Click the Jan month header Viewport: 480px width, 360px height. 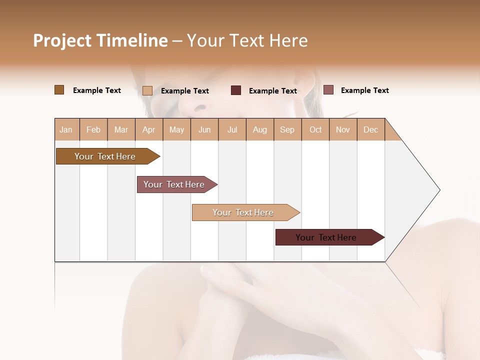(66, 129)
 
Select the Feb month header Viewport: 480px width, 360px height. (93, 129)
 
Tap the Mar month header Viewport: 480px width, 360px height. (121, 129)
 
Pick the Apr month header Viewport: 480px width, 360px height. (149, 129)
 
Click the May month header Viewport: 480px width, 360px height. (176, 129)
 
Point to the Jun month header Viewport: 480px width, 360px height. (204, 129)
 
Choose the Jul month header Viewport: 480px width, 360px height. (232, 129)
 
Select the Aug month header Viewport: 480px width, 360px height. (260, 129)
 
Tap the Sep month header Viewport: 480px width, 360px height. (287, 129)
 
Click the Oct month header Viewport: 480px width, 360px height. (315, 129)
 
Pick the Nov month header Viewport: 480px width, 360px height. (343, 129)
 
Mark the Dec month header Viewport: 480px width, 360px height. (371, 129)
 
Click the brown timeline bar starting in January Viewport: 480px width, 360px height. (105, 156)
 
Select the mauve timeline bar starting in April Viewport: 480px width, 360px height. (174, 184)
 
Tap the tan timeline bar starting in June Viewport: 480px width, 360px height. (243, 212)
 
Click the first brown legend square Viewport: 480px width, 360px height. (59, 90)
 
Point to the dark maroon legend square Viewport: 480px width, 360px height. (236, 90)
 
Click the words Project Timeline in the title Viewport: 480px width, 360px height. (100, 40)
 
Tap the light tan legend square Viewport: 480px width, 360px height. (147, 90)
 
